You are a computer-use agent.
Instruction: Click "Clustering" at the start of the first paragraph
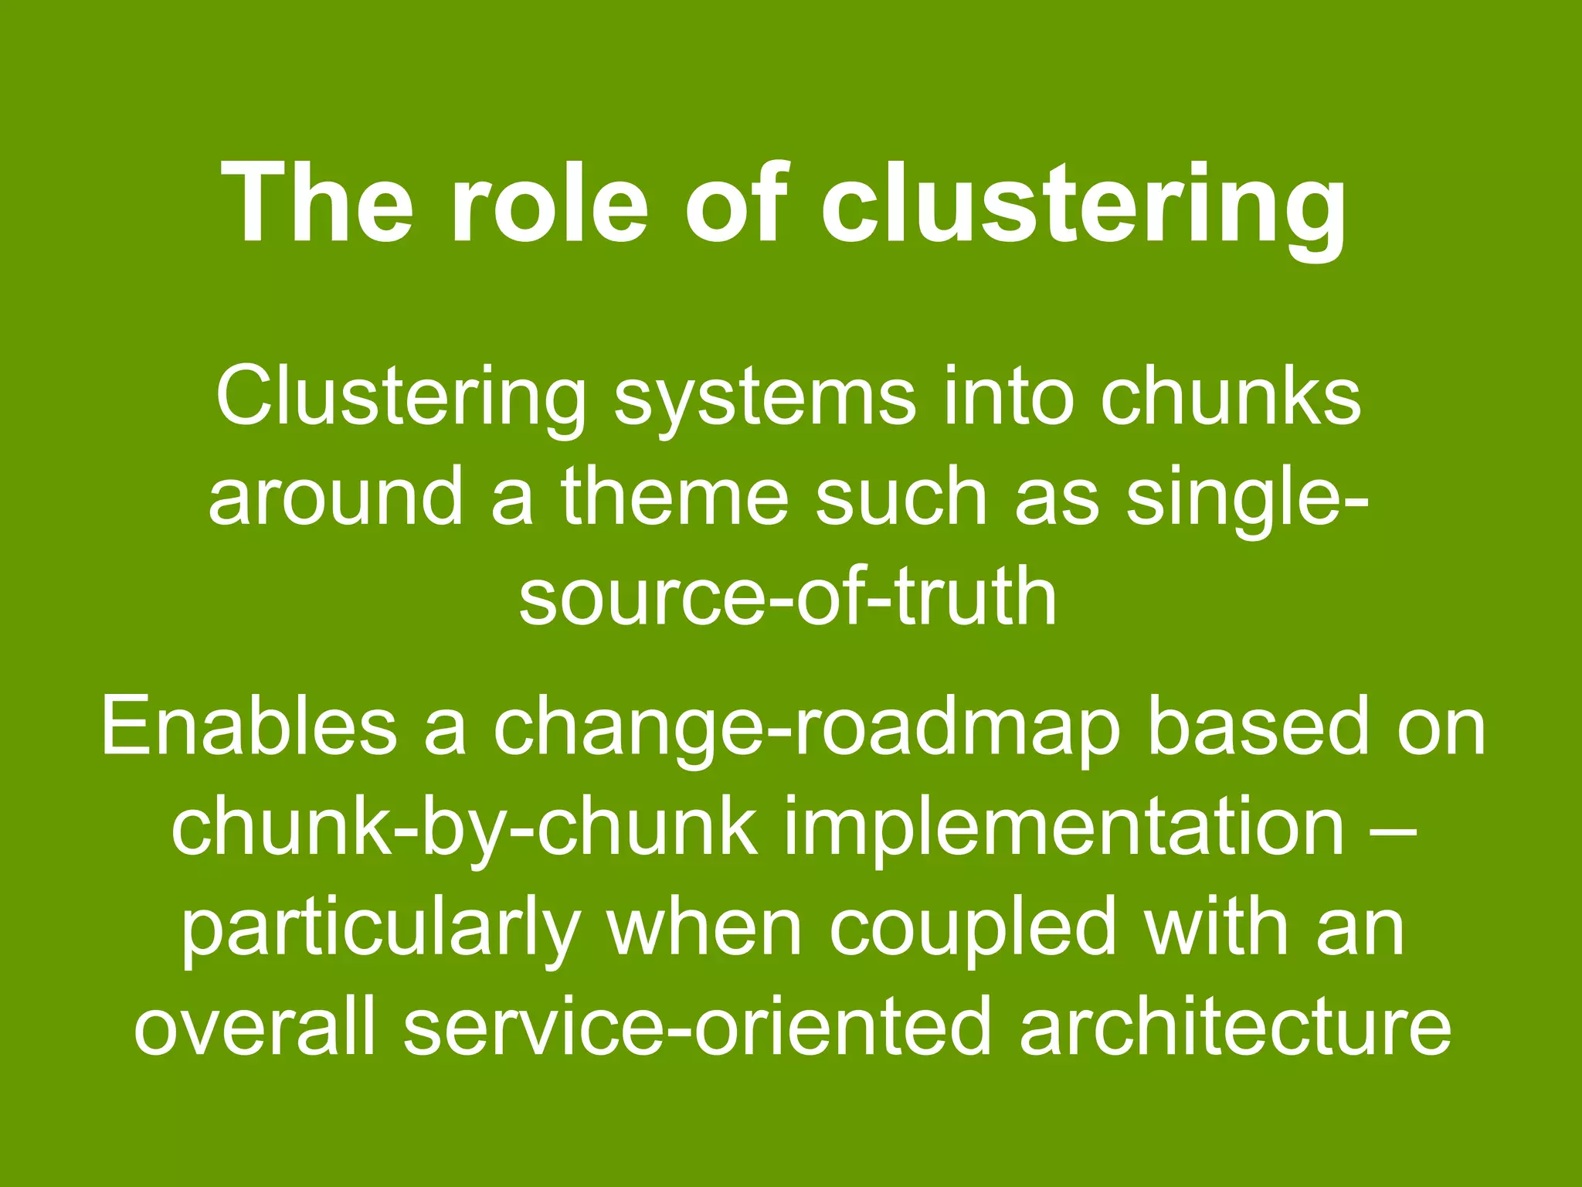(x=400, y=396)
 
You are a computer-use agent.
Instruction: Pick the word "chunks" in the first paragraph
(x=1231, y=396)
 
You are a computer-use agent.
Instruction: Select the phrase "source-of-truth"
(x=787, y=596)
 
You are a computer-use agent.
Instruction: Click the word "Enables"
(x=248, y=726)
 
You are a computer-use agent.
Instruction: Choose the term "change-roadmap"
(x=806, y=726)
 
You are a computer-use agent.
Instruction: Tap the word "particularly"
(x=380, y=927)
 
